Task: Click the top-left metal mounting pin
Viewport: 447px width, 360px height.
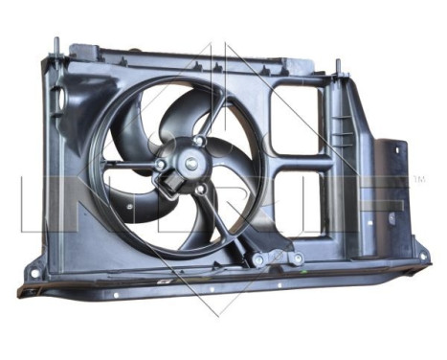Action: pyautogui.click(x=56, y=46)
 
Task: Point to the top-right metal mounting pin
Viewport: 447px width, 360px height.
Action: pyautogui.click(x=338, y=67)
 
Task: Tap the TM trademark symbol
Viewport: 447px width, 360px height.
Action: pyautogui.click(x=418, y=180)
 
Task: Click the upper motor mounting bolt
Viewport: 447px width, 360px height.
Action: pyautogui.click(x=198, y=142)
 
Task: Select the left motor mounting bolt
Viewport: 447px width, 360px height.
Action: pyautogui.click(x=159, y=165)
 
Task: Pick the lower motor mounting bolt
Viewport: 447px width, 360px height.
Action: pyautogui.click(x=199, y=189)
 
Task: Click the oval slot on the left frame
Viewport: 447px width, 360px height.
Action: pyautogui.click(x=58, y=96)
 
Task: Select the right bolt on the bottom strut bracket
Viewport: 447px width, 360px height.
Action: pyautogui.click(x=297, y=259)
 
